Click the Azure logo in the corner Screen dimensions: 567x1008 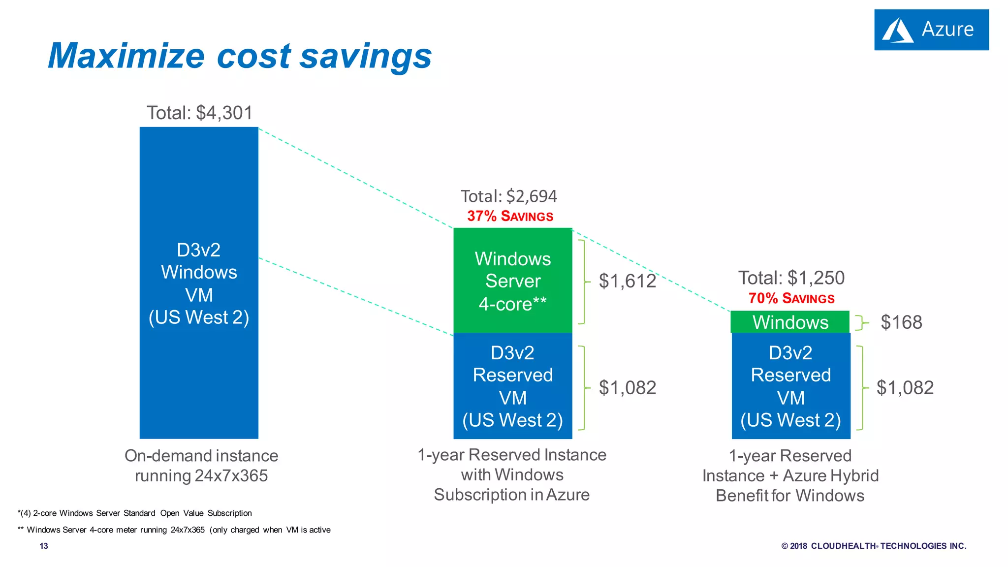coord(931,30)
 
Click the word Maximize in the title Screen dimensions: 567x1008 coord(126,56)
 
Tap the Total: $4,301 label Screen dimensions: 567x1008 coord(199,113)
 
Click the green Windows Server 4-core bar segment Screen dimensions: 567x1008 coord(512,281)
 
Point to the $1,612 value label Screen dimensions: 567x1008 coord(627,281)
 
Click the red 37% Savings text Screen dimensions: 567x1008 coord(510,216)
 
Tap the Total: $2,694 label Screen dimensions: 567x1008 coord(508,196)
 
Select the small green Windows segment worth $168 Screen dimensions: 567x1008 coord(790,322)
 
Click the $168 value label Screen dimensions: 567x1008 coord(901,322)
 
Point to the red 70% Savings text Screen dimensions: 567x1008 coord(791,298)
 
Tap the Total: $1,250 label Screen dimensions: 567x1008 coord(791,278)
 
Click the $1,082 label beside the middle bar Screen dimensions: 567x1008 coord(627,388)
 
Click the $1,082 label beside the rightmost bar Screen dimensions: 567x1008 coord(905,388)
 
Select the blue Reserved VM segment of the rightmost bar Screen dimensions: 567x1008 coord(790,386)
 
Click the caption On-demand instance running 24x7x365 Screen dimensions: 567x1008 coord(201,466)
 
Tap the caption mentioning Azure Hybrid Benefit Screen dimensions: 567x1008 coord(790,475)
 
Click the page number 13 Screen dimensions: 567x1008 coord(44,546)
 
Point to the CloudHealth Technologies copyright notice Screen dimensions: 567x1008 coord(874,546)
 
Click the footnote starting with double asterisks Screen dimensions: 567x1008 coord(174,530)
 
